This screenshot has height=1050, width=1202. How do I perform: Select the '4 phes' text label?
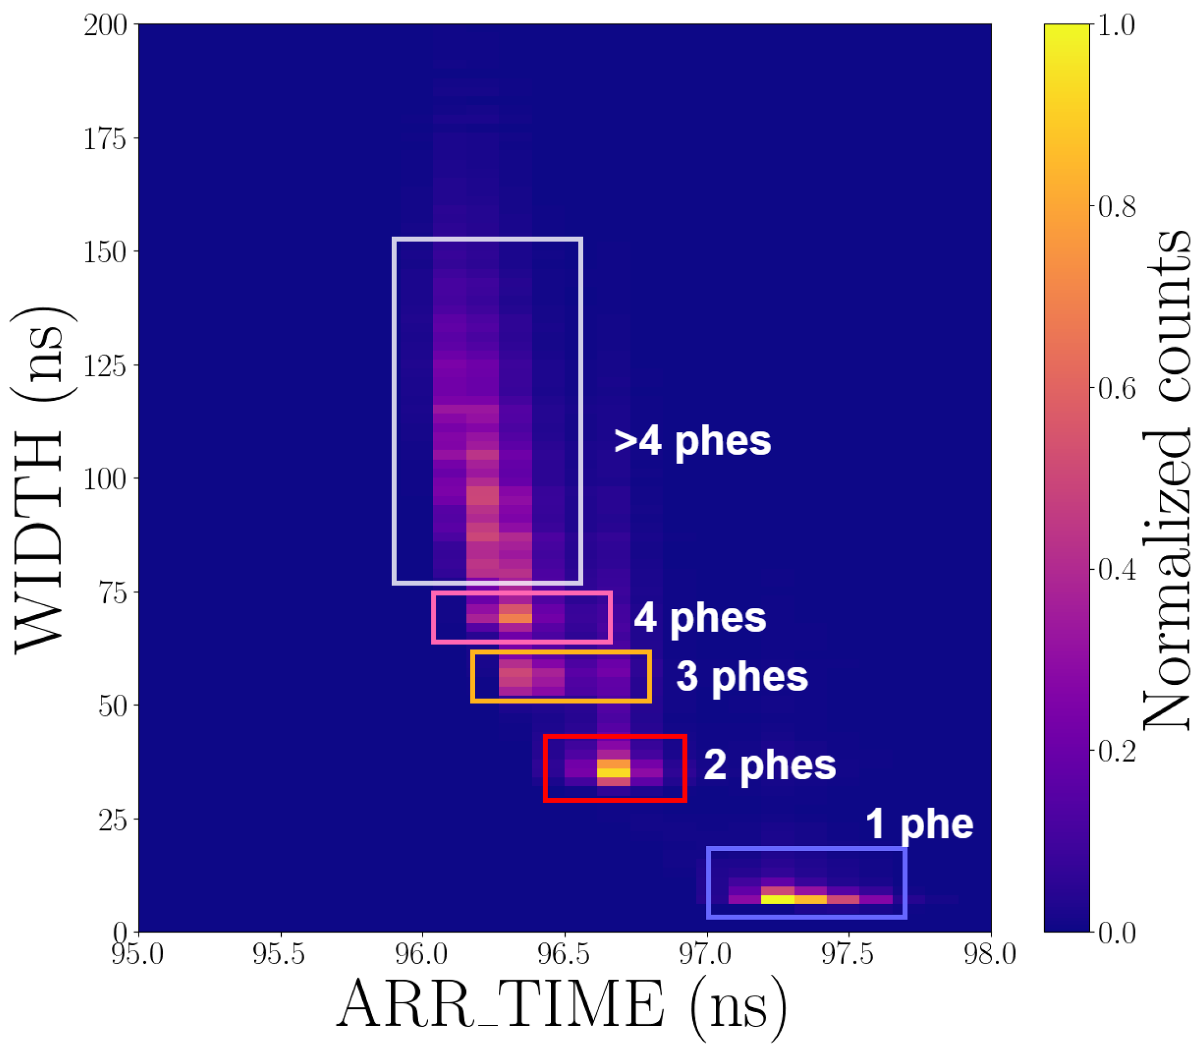point(700,618)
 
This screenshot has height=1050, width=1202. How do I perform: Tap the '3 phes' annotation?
point(742,677)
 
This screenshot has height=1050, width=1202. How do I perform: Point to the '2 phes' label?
point(770,766)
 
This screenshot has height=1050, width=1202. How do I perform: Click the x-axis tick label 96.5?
point(564,955)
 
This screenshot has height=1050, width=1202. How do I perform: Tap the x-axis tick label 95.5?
point(280,955)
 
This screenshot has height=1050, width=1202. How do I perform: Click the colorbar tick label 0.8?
point(1116,207)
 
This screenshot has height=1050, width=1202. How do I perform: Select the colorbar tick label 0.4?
point(1116,570)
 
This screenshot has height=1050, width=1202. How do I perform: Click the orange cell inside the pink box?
point(515,617)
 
